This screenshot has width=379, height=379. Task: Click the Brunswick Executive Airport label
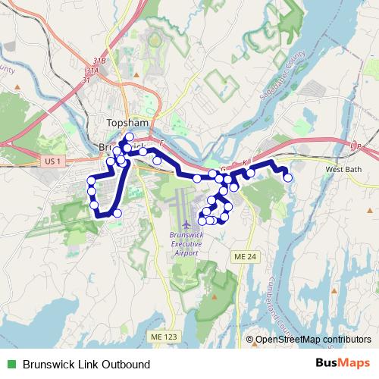coord(186,244)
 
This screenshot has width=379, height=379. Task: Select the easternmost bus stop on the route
coord(288,177)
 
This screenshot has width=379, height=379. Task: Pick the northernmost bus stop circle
coord(130,136)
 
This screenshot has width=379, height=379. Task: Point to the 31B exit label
coord(96,61)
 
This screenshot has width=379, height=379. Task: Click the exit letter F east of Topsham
coord(161,142)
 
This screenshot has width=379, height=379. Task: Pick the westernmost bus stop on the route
coord(92,180)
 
